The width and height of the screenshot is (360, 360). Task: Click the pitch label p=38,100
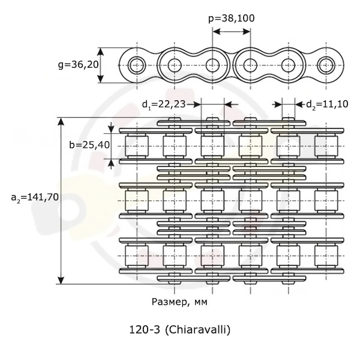pos(231,19)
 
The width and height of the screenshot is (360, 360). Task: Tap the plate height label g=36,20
pos(78,65)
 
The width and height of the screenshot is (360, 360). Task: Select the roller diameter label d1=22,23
pos(164,104)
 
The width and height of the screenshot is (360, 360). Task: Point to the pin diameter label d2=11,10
pos(327,104)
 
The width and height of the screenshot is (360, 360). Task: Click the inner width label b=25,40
pos(89,145)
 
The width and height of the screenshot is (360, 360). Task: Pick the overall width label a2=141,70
pos(35,197)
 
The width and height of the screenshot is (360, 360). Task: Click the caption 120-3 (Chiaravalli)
pos(180,330)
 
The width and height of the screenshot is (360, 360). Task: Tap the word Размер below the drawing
pos(169,302)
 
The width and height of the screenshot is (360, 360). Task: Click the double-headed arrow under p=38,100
pos(232,31)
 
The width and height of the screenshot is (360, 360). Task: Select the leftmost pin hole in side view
pos(137,65)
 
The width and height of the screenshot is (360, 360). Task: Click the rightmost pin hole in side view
pos(326,65)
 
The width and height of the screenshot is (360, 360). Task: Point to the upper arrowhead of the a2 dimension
pos(61,122)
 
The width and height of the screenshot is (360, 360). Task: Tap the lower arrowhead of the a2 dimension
pos(61,280)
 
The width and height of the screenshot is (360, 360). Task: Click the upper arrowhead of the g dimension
pos(101,52)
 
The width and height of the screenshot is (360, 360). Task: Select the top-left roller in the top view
pos(137,146)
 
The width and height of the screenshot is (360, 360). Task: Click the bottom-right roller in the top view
pos(326,256)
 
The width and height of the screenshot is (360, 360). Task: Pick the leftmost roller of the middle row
pos(137,201)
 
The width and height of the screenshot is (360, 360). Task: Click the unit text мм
pos(200,302)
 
